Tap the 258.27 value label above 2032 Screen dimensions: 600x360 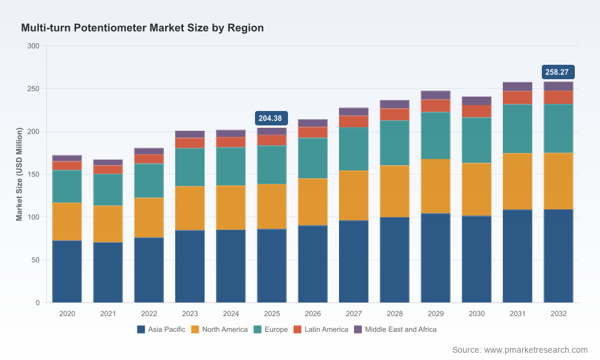click(558, 72)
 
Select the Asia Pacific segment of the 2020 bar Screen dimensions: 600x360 click(67, 272)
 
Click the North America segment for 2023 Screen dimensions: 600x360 click(190, 209)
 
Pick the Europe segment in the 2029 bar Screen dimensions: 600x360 click(436, 136)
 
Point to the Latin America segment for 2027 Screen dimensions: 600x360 click(353, 122)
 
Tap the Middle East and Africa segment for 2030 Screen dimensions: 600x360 click(476, 101)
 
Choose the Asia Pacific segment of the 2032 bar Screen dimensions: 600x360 click(558, 256)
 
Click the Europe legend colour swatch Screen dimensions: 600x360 click(257, 329)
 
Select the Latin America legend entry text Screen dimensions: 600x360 click(326, 329)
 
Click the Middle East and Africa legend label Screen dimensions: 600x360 click(401, 329)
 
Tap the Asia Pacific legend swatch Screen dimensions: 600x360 click(141, 329)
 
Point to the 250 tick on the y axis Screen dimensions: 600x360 click(33, 89)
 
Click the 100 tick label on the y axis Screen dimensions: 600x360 click(33, 217)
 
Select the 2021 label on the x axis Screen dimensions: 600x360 click(108, 314)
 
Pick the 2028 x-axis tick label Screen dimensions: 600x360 click(395, 314)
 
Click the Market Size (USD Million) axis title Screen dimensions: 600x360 click(19, 174)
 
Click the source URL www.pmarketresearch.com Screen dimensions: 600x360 click(536, 350)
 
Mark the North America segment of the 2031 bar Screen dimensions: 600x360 click(517, 182)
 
